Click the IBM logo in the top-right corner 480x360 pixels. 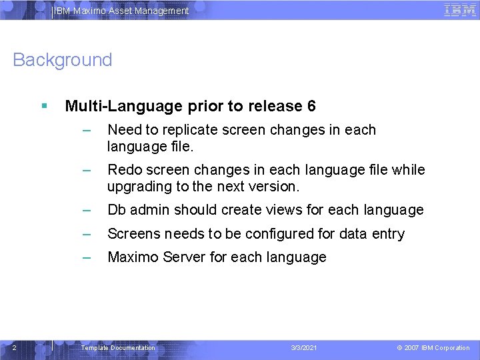pyautogui.click(x=459, y=10)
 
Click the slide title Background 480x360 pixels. pyautogui.click(x=63, y=60)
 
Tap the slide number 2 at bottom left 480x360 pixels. pyautogui.click(x=15, y=347)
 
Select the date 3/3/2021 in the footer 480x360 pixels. pyautogui.click(x=305, y=348)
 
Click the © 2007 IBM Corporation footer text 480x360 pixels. pyautogui.click(x=433, y=348)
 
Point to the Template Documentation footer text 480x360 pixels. pyautogui.click(x=118, y=348)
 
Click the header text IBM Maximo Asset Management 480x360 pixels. pyautogui.click(x=121, y=11)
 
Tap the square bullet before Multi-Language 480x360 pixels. pyautogui.click(x=43, y=106)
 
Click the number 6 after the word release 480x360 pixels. pyautogui.click(x=311, y=106)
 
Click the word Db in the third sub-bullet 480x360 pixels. pyautogui.click(x=116, y=210)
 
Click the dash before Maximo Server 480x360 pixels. pyautogui.click(x=86, y=257)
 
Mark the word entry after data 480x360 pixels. pyautogui.click(x=387, y=234)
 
